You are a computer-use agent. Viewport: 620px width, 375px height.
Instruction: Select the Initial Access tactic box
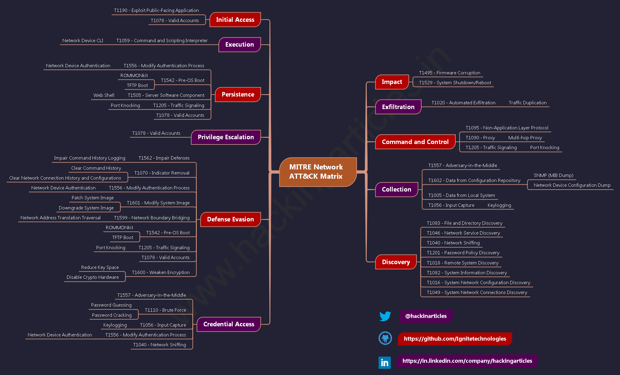coord(235,20)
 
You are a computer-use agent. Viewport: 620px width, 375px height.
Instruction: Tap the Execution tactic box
coord(240,45)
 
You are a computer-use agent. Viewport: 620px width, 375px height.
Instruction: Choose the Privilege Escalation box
coord(226,137)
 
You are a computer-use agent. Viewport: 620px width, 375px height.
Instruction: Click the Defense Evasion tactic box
coord(230,219)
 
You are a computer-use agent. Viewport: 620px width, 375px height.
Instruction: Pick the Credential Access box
coord(229,324)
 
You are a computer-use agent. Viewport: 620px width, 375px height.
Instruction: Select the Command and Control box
coord(415,142)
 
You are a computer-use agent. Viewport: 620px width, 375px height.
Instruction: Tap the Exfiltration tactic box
coord(398,107)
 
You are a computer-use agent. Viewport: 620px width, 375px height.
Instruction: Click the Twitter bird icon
coord(385,316)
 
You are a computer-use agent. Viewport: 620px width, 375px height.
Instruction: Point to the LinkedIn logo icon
coord(385,363)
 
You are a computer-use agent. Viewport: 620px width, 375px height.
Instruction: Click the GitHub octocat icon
coord(385,338)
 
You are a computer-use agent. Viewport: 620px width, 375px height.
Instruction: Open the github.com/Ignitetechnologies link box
coord(455,339)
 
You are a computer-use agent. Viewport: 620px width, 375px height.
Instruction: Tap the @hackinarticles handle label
coord(426,316)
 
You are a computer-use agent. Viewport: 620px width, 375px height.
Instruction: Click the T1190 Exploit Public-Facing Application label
coord(156,10)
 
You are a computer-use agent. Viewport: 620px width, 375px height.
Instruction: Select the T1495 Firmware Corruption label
coord(450,73)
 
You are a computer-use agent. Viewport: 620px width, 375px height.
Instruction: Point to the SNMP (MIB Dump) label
coord(553,175)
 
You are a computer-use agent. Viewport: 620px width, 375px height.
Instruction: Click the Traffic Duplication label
coord(528,103)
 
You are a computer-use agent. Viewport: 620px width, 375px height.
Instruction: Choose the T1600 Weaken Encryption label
coord(161,273)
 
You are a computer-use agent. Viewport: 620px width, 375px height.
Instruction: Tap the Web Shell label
coord(104,95)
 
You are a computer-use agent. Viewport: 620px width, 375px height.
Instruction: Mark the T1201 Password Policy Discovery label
coord(463,253)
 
